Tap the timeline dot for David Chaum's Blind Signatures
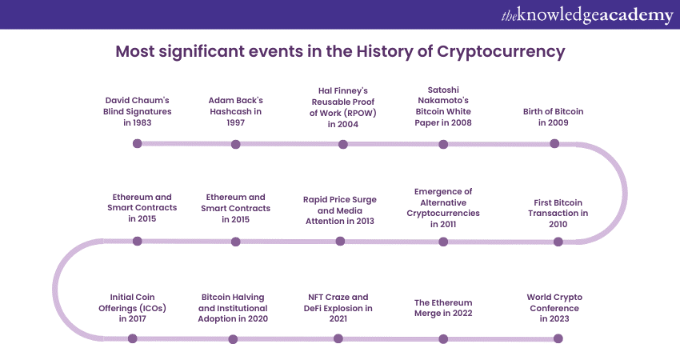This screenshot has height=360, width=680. click(x=138, y=144)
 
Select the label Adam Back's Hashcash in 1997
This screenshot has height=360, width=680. click(x=236, y=111)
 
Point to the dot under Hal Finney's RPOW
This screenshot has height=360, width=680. click(x=343, y=145)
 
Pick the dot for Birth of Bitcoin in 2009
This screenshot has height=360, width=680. click(x=554, y=144)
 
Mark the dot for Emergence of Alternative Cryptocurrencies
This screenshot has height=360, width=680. click(x=443, y=241)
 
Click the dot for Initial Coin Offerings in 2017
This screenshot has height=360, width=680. click(x=133, y=338)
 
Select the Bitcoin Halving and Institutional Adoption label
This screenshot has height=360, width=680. click(x=234, y=307)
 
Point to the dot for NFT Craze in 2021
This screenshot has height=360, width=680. click(x=338, y=338)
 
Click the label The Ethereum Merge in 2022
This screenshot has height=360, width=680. click(x=443, y=308)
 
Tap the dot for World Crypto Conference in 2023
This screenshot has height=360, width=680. click(x=558, y=338)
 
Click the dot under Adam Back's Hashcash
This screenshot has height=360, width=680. click(x=236, y=145)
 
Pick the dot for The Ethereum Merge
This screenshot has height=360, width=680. click(x=443, y=338)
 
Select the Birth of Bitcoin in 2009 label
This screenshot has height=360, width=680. click(x=553, y=117)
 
